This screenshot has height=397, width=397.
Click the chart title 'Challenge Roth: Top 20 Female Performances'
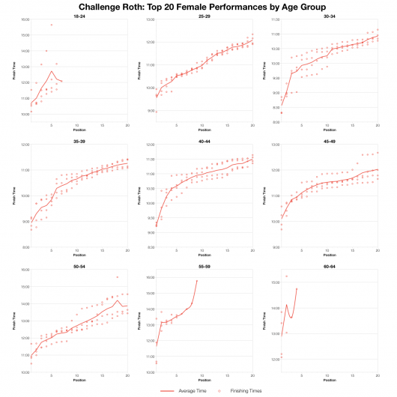click(198, 6)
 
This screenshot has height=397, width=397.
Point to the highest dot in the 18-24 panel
click(52, 25)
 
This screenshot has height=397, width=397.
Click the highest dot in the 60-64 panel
click(286, 276)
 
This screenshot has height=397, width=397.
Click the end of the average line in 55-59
click(196, 281)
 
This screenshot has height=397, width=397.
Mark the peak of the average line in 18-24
click(52, 72)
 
